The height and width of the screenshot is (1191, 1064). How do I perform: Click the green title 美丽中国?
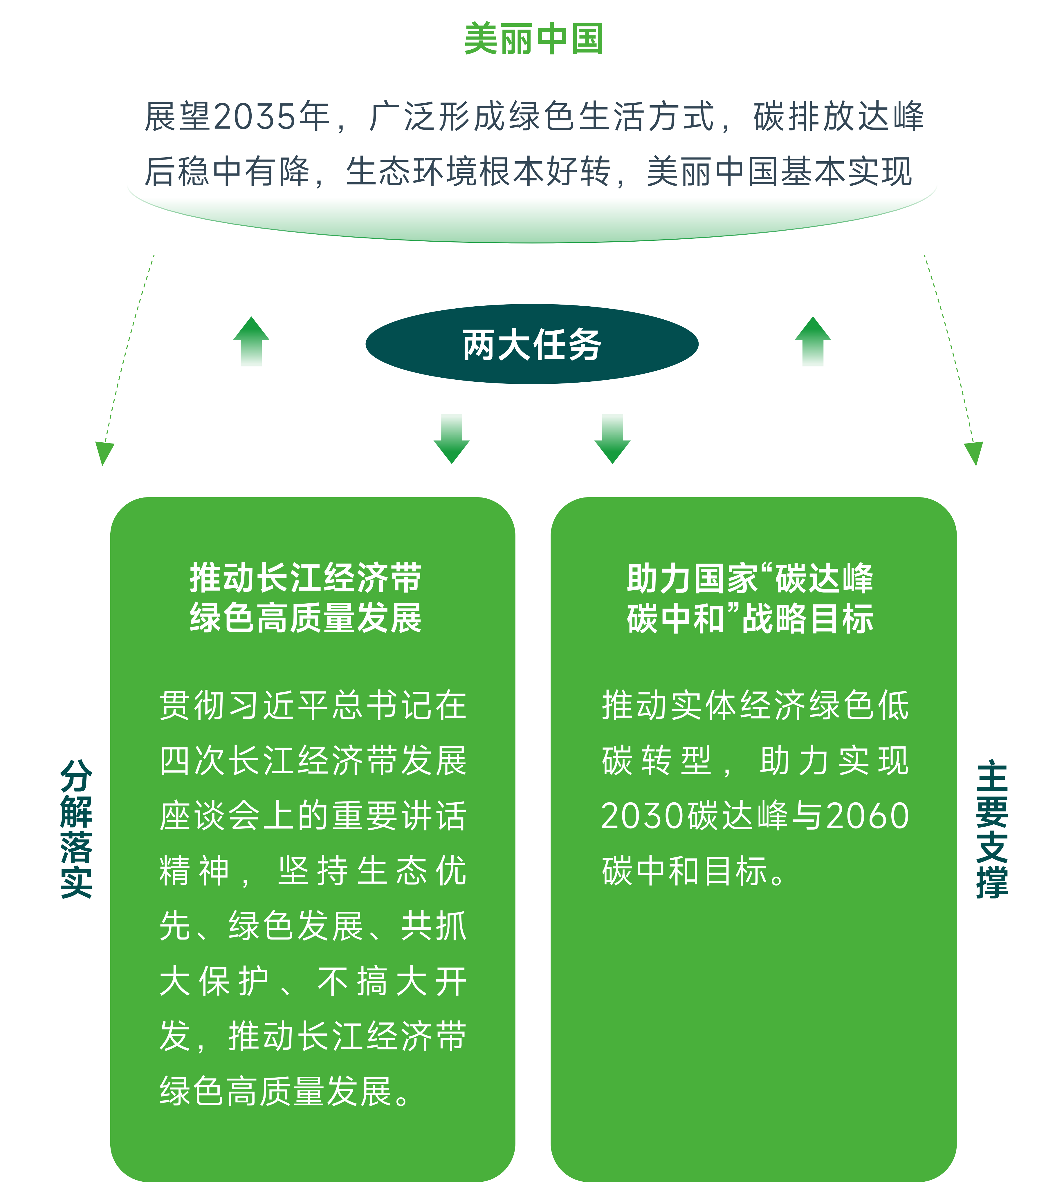pyautogui.click(x=533, y=39)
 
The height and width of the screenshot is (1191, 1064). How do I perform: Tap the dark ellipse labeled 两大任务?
pyautogui.click(x=532, y=344)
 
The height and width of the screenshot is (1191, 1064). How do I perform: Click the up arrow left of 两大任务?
pyautogui.click(x=251, y=341)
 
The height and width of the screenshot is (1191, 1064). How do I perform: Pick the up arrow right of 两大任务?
pyautogui.click(x=813, y=341)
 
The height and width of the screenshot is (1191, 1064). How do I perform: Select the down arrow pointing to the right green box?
pyautogui.click(x=612, y=439)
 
